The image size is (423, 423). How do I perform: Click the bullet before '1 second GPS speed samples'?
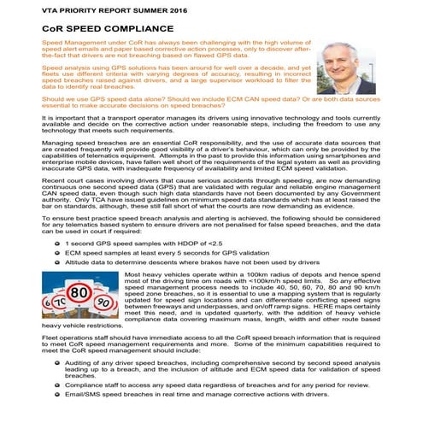(x=55, y=220)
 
